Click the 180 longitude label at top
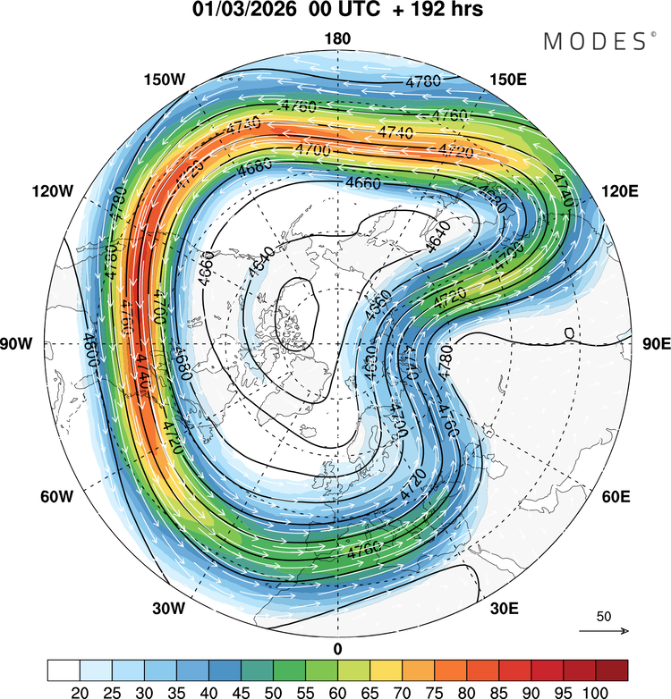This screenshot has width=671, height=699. pos(338,38)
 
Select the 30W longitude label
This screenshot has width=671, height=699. pos(167,609)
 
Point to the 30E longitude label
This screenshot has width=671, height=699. pos(504,609)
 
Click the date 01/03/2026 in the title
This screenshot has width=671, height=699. pos(240,12)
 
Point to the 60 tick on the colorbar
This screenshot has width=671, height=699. pos(337,692)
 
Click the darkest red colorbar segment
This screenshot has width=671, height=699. pos(611,670)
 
